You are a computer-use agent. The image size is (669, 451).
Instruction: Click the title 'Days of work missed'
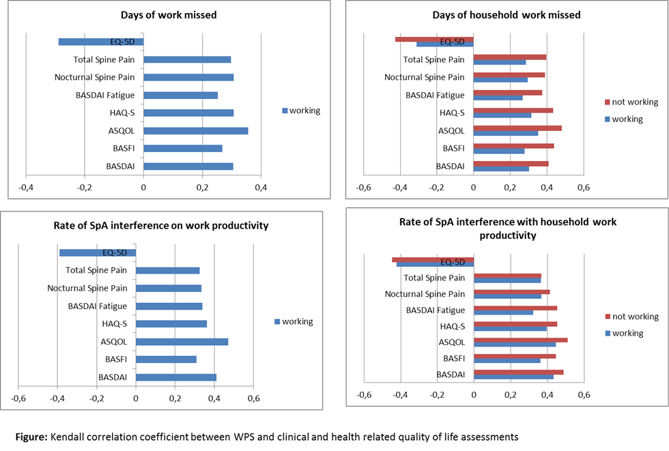tap(178, 14)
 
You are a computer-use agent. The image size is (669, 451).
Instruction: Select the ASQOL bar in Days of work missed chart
tap(195, 131)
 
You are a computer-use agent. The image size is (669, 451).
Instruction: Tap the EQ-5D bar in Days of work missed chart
tap(101, 42)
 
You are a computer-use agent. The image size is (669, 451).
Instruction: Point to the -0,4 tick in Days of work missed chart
tap(25, 187)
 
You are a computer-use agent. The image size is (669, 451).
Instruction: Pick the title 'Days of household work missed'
tap(506, 15)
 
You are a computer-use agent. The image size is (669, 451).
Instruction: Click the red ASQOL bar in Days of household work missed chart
tap(517, 128)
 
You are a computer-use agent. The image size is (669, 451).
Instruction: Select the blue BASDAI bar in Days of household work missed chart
tap(500, 169)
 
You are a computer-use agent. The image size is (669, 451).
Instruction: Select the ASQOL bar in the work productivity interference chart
tap(182, 342)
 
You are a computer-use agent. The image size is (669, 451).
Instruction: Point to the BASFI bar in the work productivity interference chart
tap(166, 360)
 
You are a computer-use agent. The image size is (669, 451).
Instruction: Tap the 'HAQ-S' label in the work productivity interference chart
tap(114, 324)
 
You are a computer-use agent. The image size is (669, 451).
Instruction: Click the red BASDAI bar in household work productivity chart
tap(518, 372)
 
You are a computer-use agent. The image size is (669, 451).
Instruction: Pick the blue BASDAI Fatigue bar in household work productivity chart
tap(503, 312)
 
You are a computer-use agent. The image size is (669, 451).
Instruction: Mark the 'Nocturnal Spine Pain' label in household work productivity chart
tap(425, 294)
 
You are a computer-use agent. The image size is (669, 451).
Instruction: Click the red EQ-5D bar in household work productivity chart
tap(433, 259)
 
